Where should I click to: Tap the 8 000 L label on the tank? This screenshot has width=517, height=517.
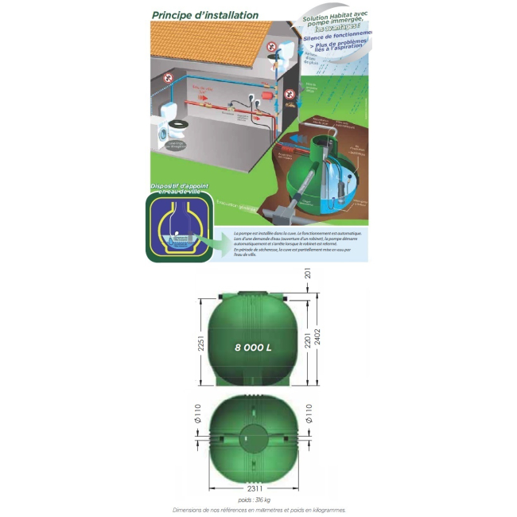[254, 348]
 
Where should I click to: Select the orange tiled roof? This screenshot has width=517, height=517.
[215, 48]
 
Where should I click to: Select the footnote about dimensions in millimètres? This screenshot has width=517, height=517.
[258, 511]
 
